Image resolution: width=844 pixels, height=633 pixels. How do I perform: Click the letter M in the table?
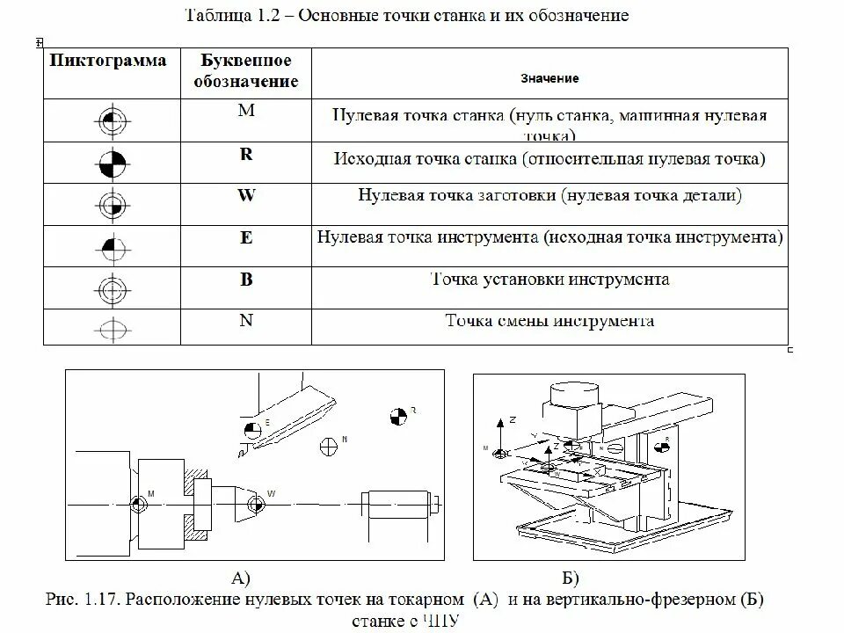pyautogui.click(x=246, y=111)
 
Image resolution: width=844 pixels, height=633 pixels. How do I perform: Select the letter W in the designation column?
pyautogui.click(x=246, y=195)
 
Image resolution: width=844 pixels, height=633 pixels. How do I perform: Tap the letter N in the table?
pyautogui.click(x=246, y=320)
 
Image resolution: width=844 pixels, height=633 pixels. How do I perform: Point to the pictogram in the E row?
pyautogui.click(x=112, y=245)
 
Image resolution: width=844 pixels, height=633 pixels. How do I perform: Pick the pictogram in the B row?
pyautogui.click(x=112, y=288)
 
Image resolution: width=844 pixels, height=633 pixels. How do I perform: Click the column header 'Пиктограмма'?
pyautogui.click(x=108, y=62)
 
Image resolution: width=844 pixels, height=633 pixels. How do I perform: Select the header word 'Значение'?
pyautogui.click(x=549, y=79)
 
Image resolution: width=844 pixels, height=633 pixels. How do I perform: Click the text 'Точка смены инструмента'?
pyautogui.click(x=549, y=320)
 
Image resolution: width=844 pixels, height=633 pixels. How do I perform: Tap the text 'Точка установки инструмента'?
pyautogui.click(x=550, y=280)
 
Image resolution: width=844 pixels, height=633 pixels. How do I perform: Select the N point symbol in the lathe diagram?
pyautogui.click(x=331, y=445)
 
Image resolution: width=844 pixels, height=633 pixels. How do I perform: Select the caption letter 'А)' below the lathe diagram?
pyautogui.click(x=240, y=578)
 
